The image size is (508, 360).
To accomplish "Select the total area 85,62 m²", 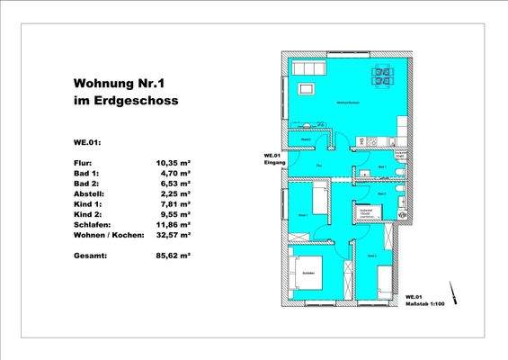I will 174,256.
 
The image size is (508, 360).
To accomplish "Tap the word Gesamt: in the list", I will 90,256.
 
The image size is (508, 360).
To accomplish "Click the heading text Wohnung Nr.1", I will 127,84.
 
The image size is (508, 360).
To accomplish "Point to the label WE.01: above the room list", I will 87,141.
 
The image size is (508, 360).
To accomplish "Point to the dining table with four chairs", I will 381,78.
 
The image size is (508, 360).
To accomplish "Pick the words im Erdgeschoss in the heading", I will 126,102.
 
